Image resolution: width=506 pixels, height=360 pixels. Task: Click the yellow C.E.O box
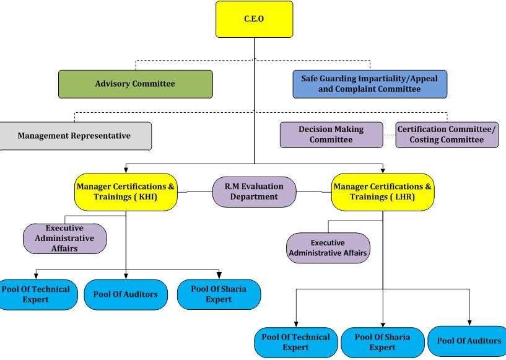pyautogui.click(x=255, y=19)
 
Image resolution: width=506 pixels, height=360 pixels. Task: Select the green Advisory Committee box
pyautogui.click(x=136, y=84)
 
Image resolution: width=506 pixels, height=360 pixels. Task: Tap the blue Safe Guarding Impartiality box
pyautogui.click(x=370, y=84)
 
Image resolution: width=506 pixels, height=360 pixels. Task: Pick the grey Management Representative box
pyautogui.click(x=75, y=136)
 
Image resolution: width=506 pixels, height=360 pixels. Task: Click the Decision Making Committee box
pyautogui.click(x=331, y=134)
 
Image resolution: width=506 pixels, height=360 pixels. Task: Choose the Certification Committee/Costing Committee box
pyautogui.click(x=447, y=134)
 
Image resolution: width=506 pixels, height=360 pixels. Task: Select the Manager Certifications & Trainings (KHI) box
pyautogui.click(x=126, y=192)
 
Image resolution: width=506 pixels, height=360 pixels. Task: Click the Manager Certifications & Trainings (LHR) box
pyautogui.click(x=383, y=192)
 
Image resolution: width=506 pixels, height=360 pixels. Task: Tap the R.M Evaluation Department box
pyautogui.click(x=255, y=192)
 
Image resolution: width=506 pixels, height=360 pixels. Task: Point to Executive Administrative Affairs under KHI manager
pyautogui.click(x=65, y=239)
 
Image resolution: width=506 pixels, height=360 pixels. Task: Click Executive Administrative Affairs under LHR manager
pyautogui.click(x=328, y=248)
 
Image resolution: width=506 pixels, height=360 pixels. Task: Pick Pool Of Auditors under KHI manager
pyautogui.click(x=126, y=294)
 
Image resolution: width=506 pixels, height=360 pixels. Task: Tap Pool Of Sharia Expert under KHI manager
pyautogui.click(x=219, y=294)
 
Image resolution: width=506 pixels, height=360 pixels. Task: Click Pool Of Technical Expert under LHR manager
pyautogui.click(x=296, y=342)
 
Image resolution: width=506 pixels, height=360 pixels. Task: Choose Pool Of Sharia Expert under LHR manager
pyautogui.click(x=382, y=342)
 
